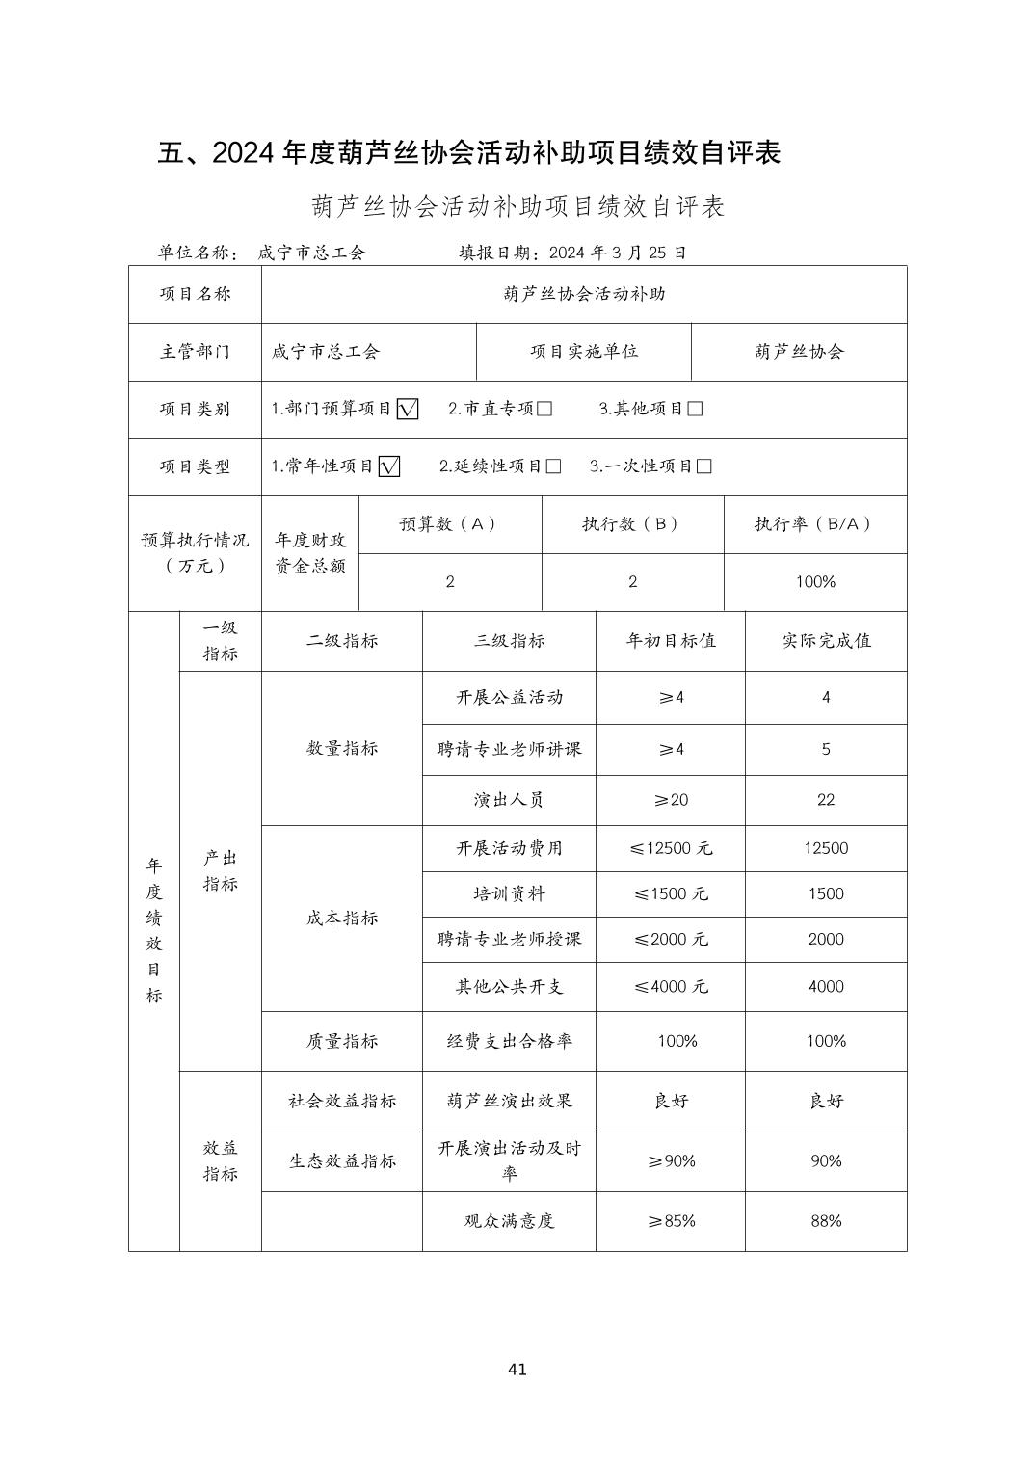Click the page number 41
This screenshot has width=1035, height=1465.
[517, 1369]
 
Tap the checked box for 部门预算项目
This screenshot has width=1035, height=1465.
[408, 409]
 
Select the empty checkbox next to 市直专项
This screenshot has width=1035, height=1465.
[544, 409]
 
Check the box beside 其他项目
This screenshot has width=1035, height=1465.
[695, 409]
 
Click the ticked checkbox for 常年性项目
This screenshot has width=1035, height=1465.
[389, 466]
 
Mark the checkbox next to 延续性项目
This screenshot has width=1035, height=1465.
[553, 466]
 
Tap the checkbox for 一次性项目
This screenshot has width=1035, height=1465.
[704, 466]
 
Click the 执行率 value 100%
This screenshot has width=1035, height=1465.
[815, 582]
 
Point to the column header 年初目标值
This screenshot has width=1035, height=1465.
[671, 641]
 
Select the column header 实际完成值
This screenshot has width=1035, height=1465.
[826, 641]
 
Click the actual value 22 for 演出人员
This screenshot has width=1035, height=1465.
[826, 800]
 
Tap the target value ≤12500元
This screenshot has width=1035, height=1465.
[671, 848]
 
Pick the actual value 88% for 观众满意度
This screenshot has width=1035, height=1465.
[826, 1221]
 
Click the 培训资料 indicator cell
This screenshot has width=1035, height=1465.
[509, 893]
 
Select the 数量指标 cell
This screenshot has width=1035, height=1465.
[342, 748]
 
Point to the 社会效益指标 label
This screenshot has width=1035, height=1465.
[342, 1101]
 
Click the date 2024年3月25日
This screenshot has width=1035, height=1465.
[618, 253]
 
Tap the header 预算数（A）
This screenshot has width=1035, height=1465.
[449, 524]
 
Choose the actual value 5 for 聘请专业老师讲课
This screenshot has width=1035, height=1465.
[826, 749]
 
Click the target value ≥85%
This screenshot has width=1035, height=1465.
[671, 1221]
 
